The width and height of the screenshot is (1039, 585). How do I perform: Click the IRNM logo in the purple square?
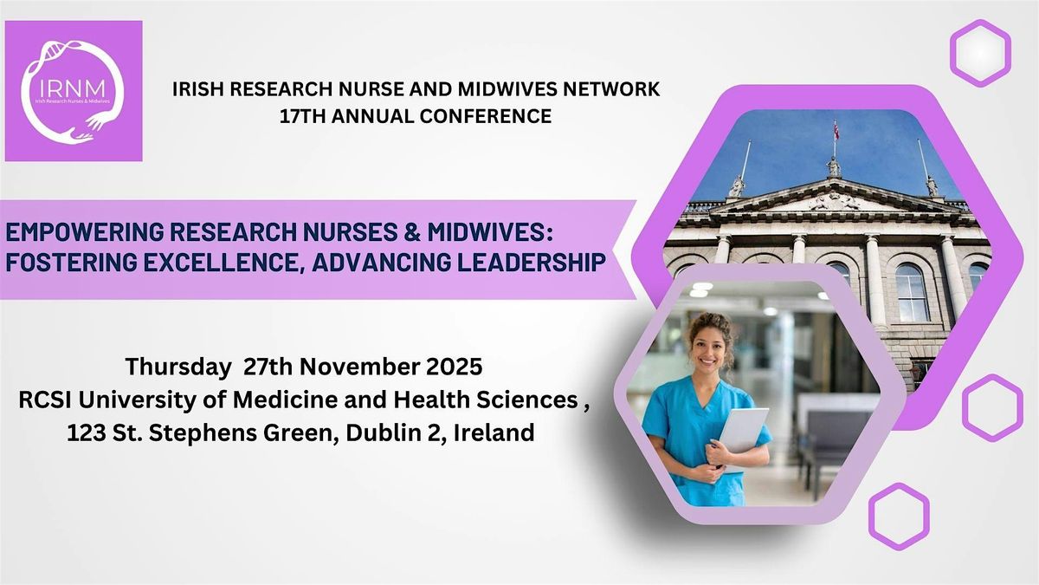[x=74, y=91]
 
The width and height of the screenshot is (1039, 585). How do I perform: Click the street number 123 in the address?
[x=87, y=432]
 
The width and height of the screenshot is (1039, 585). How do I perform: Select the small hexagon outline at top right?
[x=980, y=53]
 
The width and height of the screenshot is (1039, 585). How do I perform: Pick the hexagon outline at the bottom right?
[x=898, y=517]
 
